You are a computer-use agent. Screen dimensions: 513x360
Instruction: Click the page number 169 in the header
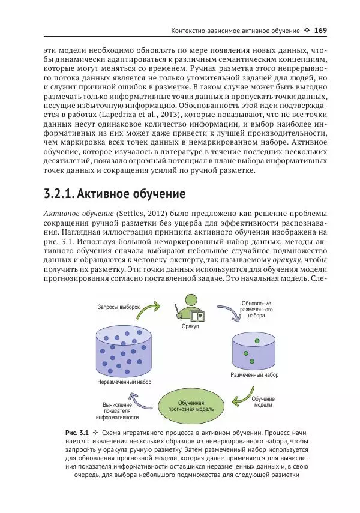pyautogui.click(x=319, y=31)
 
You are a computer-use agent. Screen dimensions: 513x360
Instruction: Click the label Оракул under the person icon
pyautogui.click(x=190, y=326)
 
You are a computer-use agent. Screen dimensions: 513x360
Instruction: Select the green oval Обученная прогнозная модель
pyautogui.click(x=196, y=406)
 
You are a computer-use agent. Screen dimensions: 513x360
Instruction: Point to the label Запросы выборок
pyautogui.click(x=118, y=307)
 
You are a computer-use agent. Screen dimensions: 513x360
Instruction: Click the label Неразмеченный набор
pyautogui.click(x=124, y=382)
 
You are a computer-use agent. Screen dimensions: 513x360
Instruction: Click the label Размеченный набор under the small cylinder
pyautogui.click(x=254, y=375)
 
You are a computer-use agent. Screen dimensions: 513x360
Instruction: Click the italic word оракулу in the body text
pyautogui.click(x=284, y=260)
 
